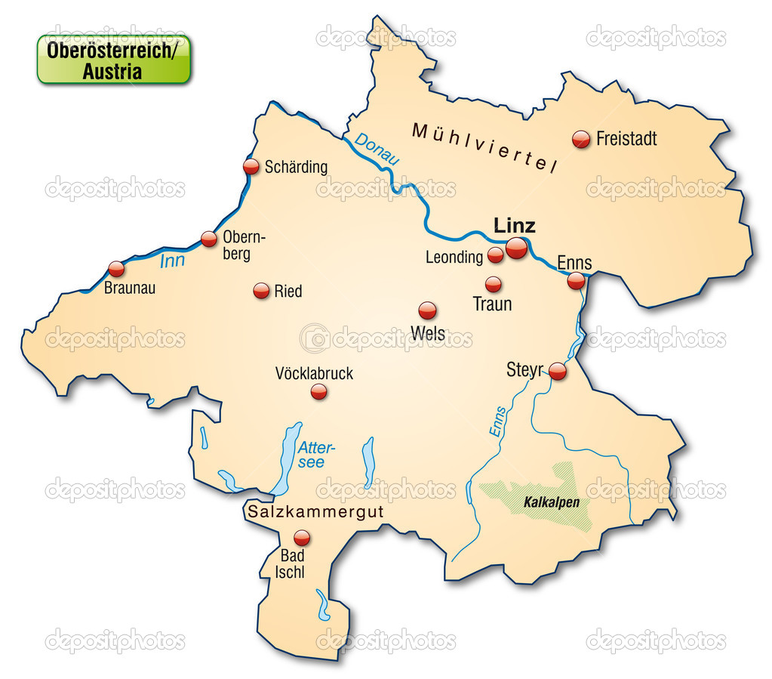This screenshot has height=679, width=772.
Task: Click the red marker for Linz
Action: pos(516,248)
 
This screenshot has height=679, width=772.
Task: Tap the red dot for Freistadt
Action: pos(581,139)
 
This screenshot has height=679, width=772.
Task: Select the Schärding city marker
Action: pos(251,167)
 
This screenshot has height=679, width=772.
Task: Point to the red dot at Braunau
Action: pos(116,269)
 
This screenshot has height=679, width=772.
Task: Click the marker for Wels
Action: pos(427,310)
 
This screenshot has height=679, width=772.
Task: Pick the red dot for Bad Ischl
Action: pos(302,538)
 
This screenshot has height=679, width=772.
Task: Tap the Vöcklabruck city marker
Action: pos(319,391)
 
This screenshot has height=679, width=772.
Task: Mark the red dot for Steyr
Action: pos(558,371)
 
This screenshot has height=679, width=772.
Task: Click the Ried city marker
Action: pos(261,291)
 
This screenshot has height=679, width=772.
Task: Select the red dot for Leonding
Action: pos(495,255)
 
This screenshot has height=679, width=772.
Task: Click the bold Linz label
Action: pos(514,225)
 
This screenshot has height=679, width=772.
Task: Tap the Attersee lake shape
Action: pos(287,457)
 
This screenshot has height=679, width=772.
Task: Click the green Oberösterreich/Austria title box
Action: pos(114,59)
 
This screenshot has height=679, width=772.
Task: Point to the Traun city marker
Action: pos(493,285)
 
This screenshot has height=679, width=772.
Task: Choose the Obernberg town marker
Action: pos(209,239)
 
